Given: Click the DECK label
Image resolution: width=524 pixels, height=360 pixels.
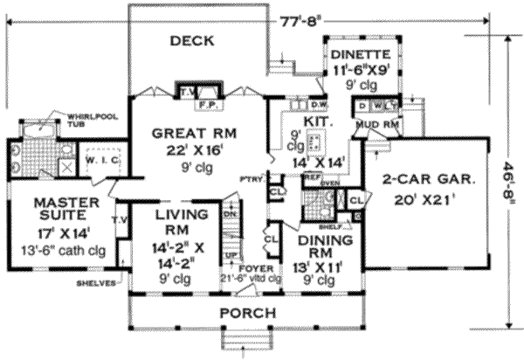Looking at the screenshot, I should [x=193, y=40].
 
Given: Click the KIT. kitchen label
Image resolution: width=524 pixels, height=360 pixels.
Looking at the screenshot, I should [x=314, y=121].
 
